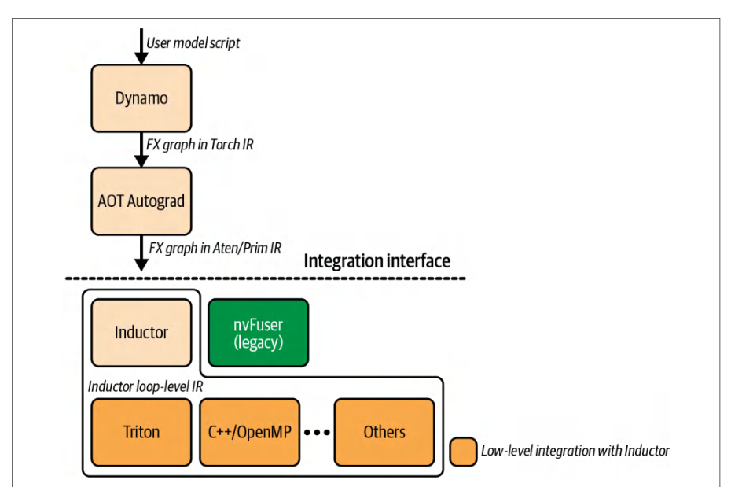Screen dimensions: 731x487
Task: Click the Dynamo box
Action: [141, 98]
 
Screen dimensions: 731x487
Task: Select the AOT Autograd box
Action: [141, 201]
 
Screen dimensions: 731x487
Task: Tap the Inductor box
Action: [141, 333]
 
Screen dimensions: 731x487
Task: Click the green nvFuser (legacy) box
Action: [259, 333]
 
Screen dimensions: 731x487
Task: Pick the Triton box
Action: [141, 433]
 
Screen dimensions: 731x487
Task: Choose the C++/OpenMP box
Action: [249, 433]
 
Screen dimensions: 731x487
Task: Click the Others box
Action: [384, 433]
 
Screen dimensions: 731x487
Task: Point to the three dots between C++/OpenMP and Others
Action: [317, 433]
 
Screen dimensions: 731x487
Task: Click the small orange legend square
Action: [463, 452]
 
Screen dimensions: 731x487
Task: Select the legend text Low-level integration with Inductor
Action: [575, 451]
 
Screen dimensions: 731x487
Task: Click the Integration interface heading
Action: [377, 260]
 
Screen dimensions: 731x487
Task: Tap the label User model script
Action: [193, 43]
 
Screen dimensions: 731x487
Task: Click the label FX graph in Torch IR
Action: [200, 145]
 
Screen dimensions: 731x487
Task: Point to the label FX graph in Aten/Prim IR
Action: [215, 248]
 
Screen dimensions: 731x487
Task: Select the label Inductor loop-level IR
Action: [145, 386]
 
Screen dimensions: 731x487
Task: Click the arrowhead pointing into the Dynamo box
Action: [141, 58]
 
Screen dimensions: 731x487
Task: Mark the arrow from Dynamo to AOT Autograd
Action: [141, 149]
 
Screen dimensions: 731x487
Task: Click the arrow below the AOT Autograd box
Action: [141, 253]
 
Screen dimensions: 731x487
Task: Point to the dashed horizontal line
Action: [265, 279]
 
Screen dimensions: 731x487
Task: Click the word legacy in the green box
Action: [259, 343]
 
